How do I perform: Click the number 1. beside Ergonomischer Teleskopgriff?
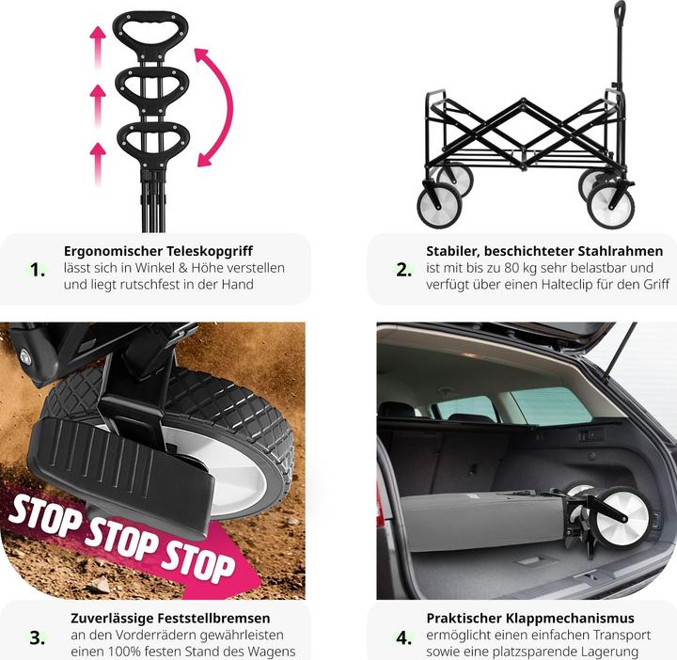[38, 270]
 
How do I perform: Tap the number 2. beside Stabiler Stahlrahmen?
[403, 270]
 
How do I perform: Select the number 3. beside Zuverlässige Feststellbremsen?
[37, 637]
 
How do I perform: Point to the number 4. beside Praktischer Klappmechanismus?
[404, 637]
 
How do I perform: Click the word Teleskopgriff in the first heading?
[210, 251]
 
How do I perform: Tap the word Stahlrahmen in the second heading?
[620, 251]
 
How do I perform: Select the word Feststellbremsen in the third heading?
[213, 618]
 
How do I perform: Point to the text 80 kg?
[520, 268]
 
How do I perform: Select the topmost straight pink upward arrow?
[98, 47]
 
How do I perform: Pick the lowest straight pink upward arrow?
[98, 164]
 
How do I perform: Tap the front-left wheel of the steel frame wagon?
[439, 206]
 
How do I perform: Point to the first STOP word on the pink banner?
[44, 517]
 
